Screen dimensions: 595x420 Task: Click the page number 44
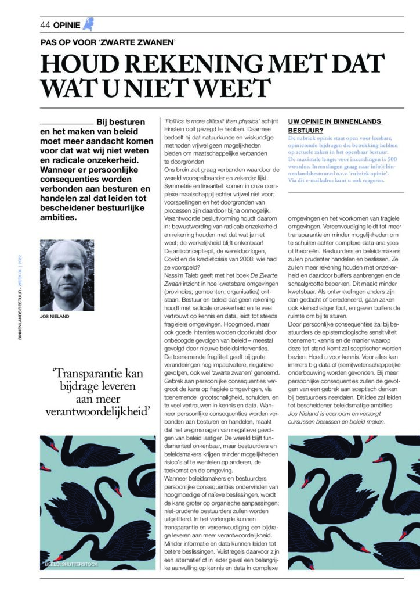pos(45,25)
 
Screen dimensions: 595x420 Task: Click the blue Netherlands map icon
pos(88,24)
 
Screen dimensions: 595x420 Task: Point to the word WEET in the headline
pos(233,88)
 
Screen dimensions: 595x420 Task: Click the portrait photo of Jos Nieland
pos(67,275)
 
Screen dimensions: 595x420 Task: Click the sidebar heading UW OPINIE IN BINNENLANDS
pos(335,121)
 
